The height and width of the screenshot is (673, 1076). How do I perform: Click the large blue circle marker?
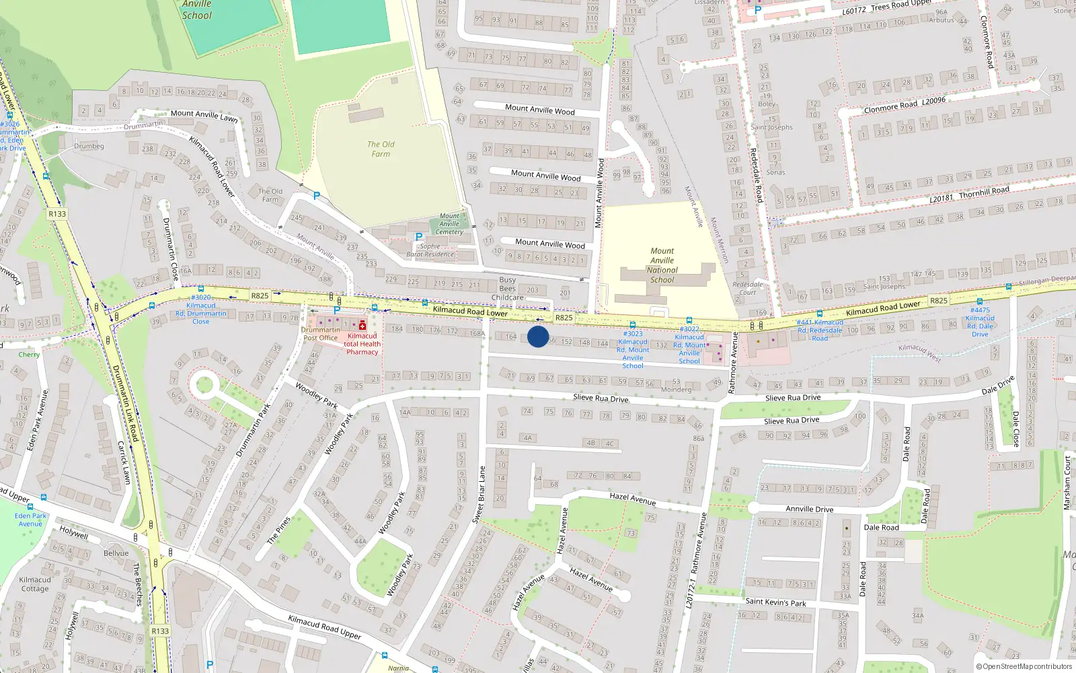538,336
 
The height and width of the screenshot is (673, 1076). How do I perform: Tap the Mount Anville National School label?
662,265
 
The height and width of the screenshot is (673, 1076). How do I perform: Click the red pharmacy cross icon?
362,326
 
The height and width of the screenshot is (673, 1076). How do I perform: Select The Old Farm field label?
381,149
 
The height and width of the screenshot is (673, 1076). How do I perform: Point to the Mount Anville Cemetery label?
449,224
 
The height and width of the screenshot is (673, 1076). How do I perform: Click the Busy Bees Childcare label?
508,288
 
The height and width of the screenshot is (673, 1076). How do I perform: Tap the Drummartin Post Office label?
320,334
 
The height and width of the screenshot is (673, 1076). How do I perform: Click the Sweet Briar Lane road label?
478,495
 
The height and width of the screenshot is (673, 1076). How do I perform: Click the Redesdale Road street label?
756,175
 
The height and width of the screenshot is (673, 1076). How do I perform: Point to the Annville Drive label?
809,509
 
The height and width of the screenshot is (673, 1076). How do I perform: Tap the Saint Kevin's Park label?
775,602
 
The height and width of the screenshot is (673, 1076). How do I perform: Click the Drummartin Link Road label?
125,403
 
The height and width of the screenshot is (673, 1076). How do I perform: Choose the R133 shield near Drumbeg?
57,214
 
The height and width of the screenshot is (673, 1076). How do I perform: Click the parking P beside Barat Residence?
419,237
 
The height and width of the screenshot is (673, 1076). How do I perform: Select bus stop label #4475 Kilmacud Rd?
980,322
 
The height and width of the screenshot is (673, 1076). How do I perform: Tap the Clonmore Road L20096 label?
904,105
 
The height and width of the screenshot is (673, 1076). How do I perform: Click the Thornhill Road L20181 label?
969,194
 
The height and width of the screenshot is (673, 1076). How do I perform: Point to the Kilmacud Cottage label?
35,583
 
